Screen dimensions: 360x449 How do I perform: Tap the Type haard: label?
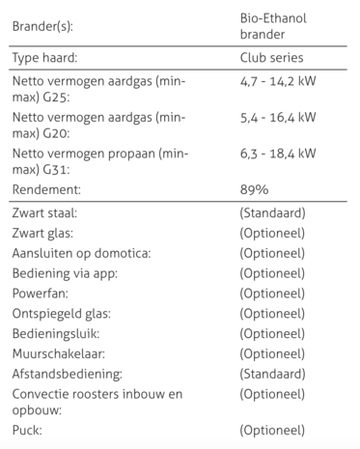45,58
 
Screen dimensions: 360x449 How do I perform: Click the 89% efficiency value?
254,187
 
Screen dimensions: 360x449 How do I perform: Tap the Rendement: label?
45,187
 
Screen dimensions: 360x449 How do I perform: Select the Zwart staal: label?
45,211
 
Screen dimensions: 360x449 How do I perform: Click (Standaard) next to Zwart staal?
273,211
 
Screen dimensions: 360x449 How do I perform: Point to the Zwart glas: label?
42,233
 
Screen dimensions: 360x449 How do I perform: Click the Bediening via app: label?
64,273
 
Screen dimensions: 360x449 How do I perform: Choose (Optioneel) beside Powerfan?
273,294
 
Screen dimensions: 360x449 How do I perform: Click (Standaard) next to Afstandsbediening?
273,374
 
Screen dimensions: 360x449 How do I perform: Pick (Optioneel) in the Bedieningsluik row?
273,334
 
